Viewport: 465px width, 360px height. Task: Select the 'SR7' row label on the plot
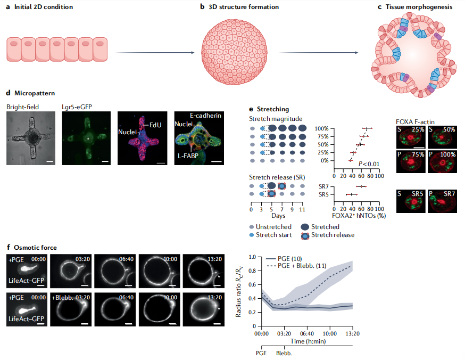click(x=323, y=186)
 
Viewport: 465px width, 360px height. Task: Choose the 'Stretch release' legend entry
click(x=333, y=234)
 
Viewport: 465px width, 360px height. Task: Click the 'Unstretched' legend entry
click(x=273, y=226)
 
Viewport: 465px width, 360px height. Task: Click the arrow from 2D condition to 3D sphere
click(x=154, y=53)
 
